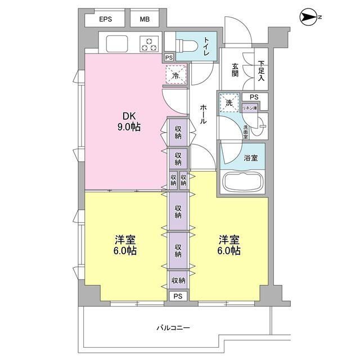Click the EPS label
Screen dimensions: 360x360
tap(106, 19)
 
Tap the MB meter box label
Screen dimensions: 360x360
tap(145, 19)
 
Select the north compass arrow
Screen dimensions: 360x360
tap(309, 17)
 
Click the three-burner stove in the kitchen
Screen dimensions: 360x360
tap(149, 44)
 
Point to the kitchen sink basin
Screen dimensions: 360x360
tap(117, 44)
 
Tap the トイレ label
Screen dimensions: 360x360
tap(206, 46)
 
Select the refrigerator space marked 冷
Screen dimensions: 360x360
tap(176, 75)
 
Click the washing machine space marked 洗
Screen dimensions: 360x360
tap(229, 102)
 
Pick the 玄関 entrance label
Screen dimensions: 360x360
tap(235, 70)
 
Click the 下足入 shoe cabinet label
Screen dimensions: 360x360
tap(261, 70)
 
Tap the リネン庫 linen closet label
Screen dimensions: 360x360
tap(250, 108)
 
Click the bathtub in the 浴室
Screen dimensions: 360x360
tap(243, 181)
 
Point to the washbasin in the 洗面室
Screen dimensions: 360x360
tap(259, 126)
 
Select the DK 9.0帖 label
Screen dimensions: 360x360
tap(129, 121)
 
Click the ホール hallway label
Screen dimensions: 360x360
tap(203, 114)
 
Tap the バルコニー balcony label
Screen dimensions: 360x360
tap(173, 327)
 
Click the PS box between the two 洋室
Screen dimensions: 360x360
tap(178, 296)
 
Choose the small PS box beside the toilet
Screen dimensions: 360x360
tap(169, 57)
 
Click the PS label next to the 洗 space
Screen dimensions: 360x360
tap(254, 97)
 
